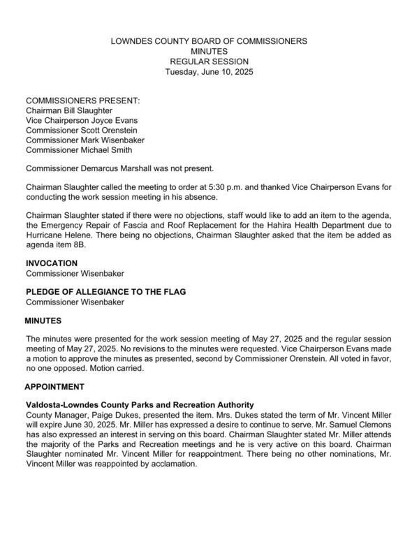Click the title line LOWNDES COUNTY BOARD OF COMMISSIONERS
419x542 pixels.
209,41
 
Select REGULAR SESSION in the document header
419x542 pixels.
209,61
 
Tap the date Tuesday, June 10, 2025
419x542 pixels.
209,71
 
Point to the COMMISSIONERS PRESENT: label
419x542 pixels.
82,101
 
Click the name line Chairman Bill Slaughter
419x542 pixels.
68,110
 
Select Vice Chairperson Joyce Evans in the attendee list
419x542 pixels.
81,120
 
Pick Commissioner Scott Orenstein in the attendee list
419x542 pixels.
81,130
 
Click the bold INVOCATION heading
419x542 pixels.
52,263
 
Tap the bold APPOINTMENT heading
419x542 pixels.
54,386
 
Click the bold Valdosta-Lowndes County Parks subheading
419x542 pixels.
140,405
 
